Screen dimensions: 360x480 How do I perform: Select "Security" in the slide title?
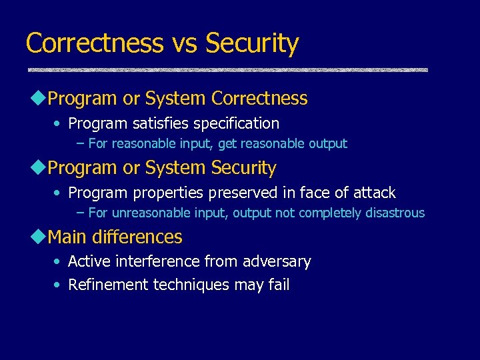[252, 43]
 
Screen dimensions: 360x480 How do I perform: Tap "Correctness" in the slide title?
[94, 43]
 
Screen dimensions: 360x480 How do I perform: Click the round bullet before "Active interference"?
[58, 262]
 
